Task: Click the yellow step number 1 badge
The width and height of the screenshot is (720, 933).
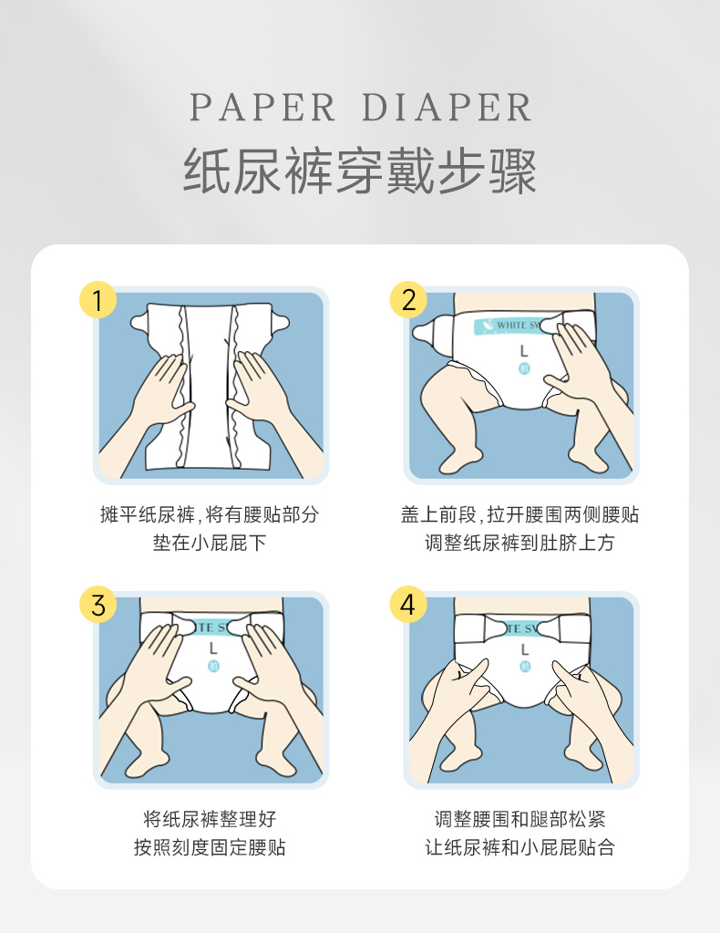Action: point(98,300)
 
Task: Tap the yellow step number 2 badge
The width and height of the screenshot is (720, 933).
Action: point(408,300)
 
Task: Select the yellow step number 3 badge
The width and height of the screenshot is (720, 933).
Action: point(98,605)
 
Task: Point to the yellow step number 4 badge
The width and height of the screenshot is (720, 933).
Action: point(408,605)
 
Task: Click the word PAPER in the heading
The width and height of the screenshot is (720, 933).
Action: point(262,108)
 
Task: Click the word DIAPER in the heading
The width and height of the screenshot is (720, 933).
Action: point(447,108)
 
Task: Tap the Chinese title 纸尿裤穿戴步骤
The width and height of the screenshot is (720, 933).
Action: point(360,171)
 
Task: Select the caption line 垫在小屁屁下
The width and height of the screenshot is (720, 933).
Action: point(210,543)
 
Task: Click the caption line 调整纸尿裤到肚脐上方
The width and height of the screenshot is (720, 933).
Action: point(519,543)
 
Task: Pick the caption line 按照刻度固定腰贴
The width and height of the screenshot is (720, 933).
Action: point(210,847)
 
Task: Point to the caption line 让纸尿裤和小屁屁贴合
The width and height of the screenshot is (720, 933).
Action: point(519,847)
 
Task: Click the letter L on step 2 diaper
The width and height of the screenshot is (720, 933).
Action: point(524,352)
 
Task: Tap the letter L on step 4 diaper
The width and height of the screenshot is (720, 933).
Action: point(524,649)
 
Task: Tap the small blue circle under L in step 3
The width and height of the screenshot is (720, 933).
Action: point(213,666)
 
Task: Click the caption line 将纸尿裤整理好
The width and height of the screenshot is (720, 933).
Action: point(210,819)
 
